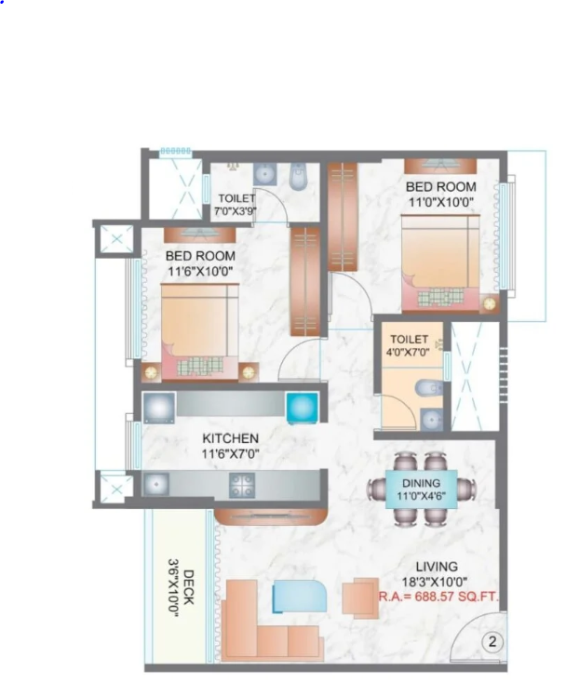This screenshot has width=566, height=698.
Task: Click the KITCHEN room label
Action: point(230,438)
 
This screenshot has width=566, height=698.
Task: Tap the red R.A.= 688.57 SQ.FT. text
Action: point(438,597)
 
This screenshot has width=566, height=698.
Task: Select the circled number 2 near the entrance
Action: point(492,642)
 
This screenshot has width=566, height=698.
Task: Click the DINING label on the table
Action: point(421,483)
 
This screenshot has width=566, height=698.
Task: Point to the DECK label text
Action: point(189,587)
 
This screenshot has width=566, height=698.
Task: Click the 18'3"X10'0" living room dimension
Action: point(434,582)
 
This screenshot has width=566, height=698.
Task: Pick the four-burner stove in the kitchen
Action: point(242,485)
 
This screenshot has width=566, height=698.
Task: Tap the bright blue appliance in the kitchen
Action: point(303,408)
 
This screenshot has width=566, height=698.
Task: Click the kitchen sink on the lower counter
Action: point(155,484)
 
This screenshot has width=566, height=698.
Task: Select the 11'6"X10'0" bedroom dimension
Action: point(200,271)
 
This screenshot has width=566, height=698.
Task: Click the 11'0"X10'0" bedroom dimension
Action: point(441,202)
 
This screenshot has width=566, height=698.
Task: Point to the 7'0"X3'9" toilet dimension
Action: point(236,211)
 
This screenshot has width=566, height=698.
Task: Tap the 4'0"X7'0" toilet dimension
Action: point(408,352)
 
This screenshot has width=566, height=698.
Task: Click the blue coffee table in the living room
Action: point(299,596)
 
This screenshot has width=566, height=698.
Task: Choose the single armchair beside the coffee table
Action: point(360,597)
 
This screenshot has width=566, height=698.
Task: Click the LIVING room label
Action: point(437,567)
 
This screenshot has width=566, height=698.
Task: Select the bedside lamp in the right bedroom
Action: point(490,304)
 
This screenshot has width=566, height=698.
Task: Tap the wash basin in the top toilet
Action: point(265,174)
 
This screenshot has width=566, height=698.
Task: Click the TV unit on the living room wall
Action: point(271,517)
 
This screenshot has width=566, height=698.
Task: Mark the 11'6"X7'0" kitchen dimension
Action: point(230,454)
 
